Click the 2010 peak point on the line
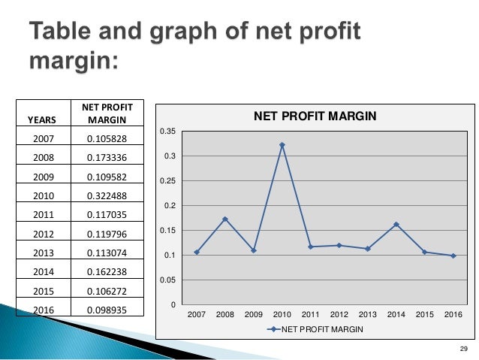[x=282, y=144]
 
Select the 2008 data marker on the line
[x=225, y=219]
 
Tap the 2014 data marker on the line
[x=396, y=224]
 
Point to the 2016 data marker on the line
[x=453, y=256]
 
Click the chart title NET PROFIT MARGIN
[x=314, y=116]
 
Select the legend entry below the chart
[x=313, y=330]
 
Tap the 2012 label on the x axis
[x=339, y=313]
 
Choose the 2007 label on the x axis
[x=197, y=313]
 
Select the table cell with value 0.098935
[x=107, y=310]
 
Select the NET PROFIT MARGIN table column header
[x=107, y=113]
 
